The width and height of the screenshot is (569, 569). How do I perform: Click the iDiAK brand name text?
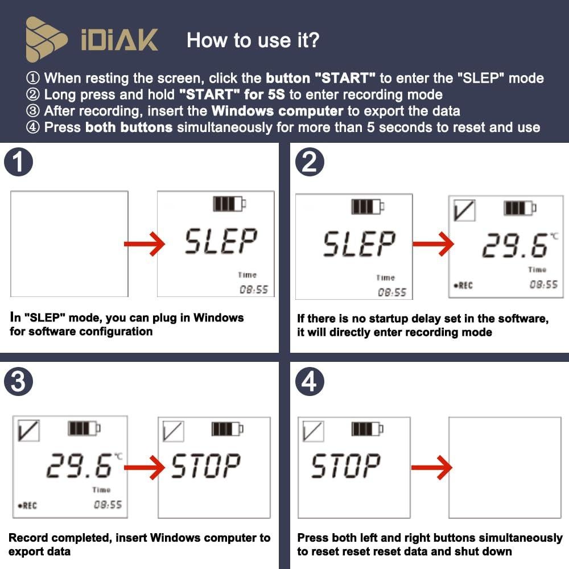(119, 40)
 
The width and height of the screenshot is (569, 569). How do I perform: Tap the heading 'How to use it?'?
(253, 40)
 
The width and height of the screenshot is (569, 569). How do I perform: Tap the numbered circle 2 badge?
(310, 163)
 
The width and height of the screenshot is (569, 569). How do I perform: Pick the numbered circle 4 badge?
(310, 383)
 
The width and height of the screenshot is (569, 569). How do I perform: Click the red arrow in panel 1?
(144, 244)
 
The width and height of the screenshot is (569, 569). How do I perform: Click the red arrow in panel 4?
(431, 468)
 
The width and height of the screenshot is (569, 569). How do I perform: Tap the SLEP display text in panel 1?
(220, 241)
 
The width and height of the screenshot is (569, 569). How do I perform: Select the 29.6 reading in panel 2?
(513, 246)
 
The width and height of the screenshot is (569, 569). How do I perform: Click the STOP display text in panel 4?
(345, 466)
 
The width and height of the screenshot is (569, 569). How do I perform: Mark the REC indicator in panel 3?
(27, 505)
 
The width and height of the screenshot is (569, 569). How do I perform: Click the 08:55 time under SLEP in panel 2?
(393, 292)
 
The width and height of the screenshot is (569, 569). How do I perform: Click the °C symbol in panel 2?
(554, 236)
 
